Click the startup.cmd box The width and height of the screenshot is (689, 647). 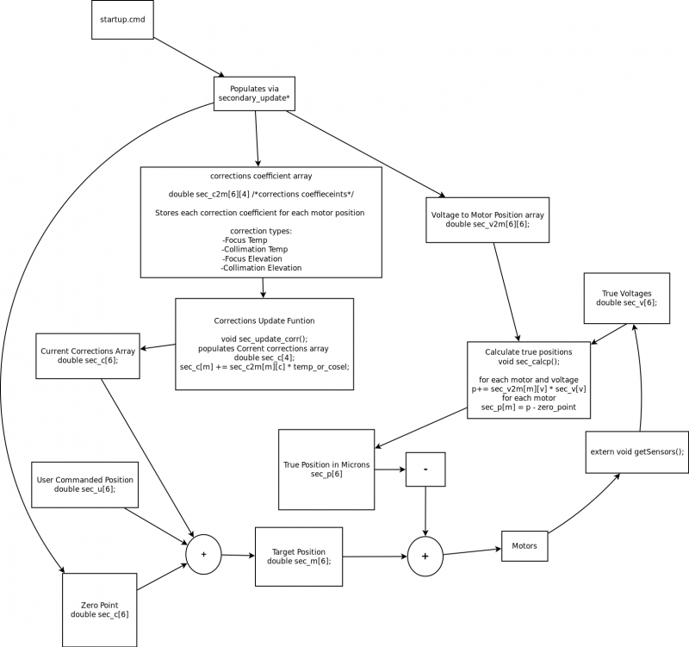pos(122,20)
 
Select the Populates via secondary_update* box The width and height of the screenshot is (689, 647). pos(254,94)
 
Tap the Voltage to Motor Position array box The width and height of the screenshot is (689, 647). pos(487,220)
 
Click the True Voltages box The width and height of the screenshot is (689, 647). pos(627,298)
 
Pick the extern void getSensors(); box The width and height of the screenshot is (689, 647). pos(636,451)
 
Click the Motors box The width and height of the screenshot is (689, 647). pos(525,546)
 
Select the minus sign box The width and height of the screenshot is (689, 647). pos(425,470)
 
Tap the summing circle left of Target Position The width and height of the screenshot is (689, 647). pos(203,554)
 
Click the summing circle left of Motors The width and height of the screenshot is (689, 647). pos(425,556)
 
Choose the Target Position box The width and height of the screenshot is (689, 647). pos(299,557)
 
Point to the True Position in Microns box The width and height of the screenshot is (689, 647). pos(326,470)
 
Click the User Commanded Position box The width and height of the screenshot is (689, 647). pos(84,485)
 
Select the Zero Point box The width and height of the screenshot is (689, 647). pos(100,610)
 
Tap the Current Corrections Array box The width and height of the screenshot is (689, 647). pos(88,356)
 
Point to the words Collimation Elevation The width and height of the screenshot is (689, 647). pos(262,268)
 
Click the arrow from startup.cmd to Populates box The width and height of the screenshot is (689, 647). pos(189,57)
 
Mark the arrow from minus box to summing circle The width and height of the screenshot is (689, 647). pos(425,511)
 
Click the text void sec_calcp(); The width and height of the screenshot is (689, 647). pos(529,361)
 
